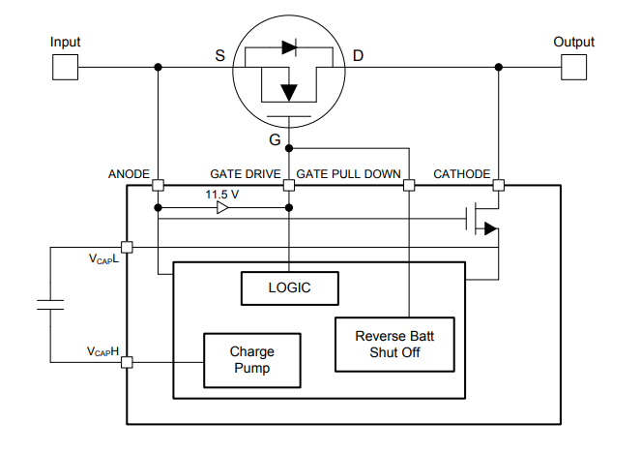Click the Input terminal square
(65, 67)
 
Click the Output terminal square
(574, 67)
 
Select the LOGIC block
(290, 288)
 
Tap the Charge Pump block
(252, 360)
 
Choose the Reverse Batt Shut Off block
(394, 345)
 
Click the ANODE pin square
(159, 186)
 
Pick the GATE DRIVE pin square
(289, 186)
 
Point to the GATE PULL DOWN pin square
(409, 186)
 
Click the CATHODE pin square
(499, 186)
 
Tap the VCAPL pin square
(128, 247)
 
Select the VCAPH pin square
(128, 362)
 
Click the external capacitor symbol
(50, 305)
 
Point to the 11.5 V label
(222, 195)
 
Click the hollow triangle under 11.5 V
(222, 208)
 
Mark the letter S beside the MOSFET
(219, 55)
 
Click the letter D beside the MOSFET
(358, 55)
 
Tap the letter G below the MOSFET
(275, 140)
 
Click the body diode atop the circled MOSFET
(289, 47)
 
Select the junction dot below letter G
(289, 148)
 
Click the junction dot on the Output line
(499, 67)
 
